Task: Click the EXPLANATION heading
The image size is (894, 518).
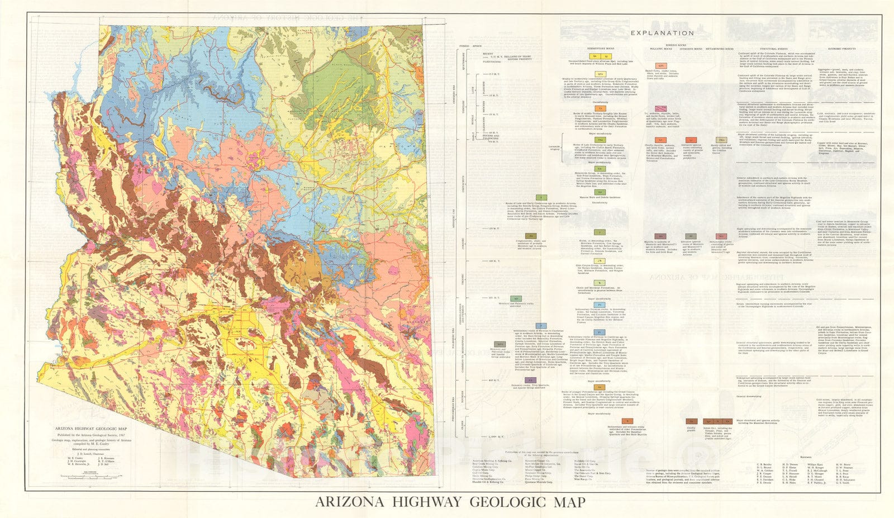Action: [x=662, y=33]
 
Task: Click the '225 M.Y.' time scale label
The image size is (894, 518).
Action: [x=494, y=298]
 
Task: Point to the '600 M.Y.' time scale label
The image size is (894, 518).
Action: [x=494, y=380]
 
